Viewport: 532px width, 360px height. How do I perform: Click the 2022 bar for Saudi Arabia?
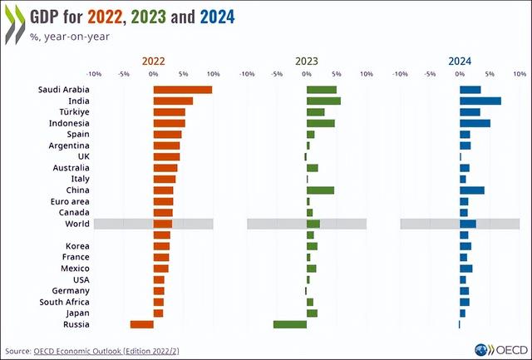182,90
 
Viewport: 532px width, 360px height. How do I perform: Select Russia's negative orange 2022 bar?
141,324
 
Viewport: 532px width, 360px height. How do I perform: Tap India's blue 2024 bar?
480,101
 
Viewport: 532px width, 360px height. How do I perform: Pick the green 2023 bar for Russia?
289,324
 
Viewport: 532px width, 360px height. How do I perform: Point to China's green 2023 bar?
320,190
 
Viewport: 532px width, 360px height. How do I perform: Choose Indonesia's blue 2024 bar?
475,123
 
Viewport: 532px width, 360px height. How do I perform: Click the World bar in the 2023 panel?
313,224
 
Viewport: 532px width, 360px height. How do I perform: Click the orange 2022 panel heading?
153,61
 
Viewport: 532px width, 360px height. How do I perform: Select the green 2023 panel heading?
306,61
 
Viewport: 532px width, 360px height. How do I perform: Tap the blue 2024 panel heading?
460,61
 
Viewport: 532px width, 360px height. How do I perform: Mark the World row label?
77,224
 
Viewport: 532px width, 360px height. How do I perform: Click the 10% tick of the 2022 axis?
213,73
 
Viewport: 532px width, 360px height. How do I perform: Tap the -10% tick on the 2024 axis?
400,73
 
